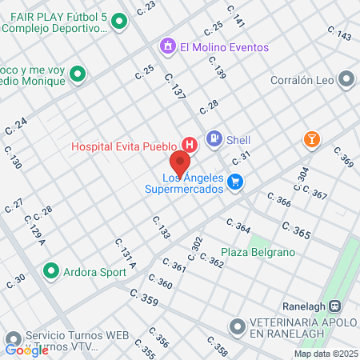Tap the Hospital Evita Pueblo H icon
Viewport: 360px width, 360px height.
[x=190, y=145]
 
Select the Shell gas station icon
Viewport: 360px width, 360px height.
[x=214, y=138]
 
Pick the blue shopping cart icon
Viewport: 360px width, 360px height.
[x=234, y=182]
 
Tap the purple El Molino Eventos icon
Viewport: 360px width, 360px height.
[x=167, y=46]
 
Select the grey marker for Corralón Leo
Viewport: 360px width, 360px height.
[x=346, y=79]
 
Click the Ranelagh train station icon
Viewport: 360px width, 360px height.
[x=336, y=306]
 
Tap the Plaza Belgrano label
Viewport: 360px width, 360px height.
[x=247, y=252]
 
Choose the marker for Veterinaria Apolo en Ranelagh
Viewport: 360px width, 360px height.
[x=238, y=326]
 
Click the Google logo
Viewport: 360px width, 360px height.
[x=26, y=349]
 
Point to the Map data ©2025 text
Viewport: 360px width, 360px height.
[x=325, y=354]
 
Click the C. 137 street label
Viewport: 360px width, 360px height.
[x=174, y=86]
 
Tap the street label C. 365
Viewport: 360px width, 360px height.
[x=297, y=232]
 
